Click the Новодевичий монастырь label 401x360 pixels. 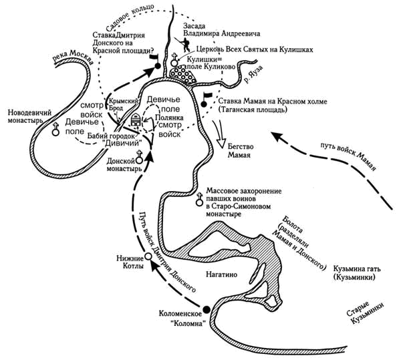click(29, 116)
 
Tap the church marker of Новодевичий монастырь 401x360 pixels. click(55, 130)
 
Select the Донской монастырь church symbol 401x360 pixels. click(139, 157)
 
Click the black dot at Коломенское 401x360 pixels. click(207, 310)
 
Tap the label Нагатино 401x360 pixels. click(221, 275)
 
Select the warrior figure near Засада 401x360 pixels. click(184, 44)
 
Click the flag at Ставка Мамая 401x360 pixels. click(206, 100)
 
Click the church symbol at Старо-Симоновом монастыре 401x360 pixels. click(199, 199)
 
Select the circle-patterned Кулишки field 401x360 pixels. click(182, 74)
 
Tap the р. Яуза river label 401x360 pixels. click(253, 75)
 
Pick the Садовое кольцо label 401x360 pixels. click(130, 17)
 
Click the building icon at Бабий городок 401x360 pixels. click(136, 120)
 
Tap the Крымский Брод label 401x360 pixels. click(123, 104)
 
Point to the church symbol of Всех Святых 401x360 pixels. click(174, 59)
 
